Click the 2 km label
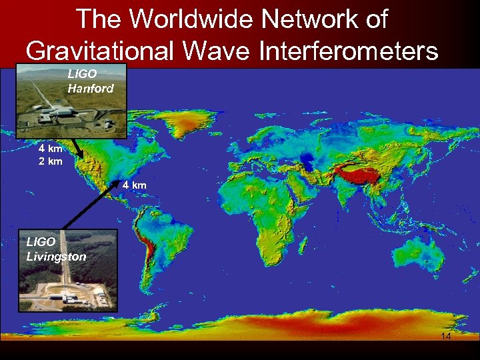tap(51, 161)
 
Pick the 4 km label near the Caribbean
tap(134, 184)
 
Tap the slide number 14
tap(445, 337)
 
